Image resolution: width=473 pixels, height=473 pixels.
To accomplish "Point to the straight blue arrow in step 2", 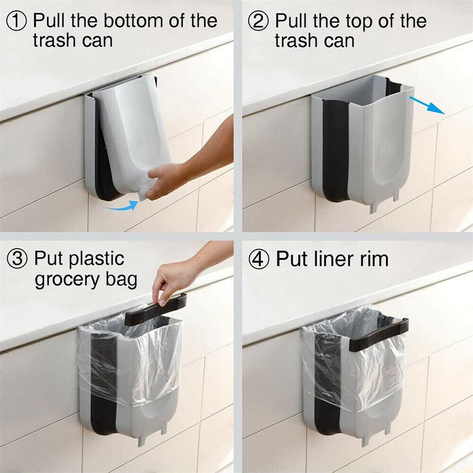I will [x=427, y=104].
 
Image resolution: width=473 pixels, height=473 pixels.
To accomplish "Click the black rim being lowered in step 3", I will [x=155, y=309].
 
